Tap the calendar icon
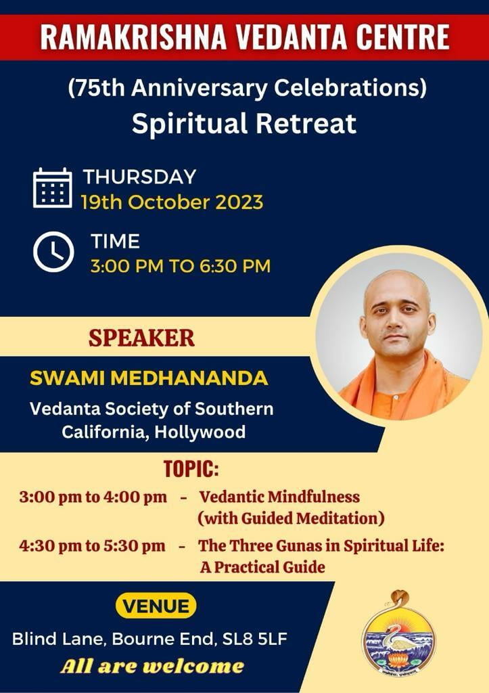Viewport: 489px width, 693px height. point(53,188)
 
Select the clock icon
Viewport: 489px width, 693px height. point(53,252)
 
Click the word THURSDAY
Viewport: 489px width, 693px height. point(139,177)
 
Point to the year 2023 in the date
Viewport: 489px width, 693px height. point(239,202)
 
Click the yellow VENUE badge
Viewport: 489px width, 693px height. point(156,606)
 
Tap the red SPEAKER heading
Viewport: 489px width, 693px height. point(141,338)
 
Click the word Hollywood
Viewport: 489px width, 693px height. point(200,432)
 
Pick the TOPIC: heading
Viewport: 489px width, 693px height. point(191,469)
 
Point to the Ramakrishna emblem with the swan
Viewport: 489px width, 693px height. point(398,633)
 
